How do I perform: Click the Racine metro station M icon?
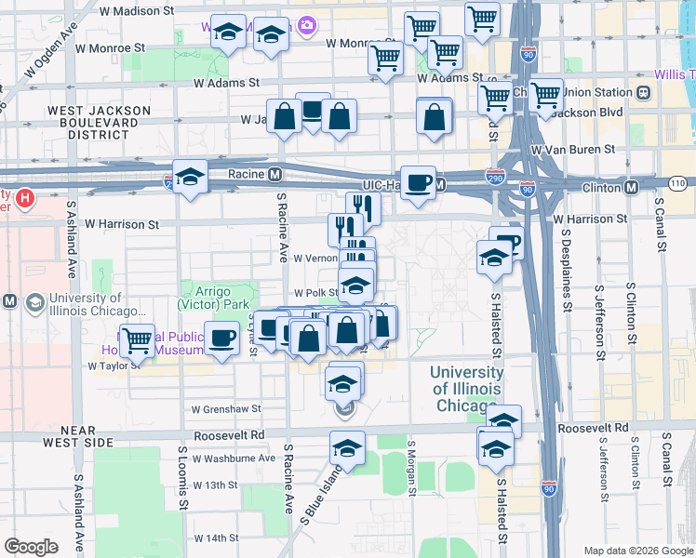(275, 174)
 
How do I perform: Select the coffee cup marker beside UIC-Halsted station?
(418, 181)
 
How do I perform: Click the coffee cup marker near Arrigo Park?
(222, 339)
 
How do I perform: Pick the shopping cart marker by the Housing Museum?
(138, 340)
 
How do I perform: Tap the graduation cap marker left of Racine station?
(190, 177)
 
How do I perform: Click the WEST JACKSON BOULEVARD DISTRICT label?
(100, 122)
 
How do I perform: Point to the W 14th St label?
(217, 538)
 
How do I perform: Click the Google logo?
(31, 547)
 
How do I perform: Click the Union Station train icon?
(643, 93)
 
